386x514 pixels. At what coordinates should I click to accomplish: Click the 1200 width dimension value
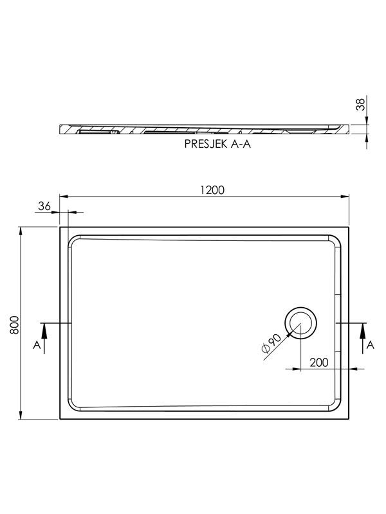[x=212, y=190]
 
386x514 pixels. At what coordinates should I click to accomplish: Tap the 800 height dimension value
[x=14, y=325]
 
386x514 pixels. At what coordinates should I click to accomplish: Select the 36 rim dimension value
[x=44, y=206]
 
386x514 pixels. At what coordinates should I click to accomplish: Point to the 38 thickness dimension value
[x=361, y=104]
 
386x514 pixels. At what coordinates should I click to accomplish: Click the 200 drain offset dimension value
[x=319, y=362]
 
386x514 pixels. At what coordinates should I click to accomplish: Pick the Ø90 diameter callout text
[x=271, y=343]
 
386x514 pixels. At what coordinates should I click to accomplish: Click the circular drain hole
[x=300, y=323]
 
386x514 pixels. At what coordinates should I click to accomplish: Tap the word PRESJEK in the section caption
[x=205, y=144]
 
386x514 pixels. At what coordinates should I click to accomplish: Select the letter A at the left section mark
[x=37, y=345]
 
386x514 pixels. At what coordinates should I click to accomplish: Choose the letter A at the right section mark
[x=371, y=345]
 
